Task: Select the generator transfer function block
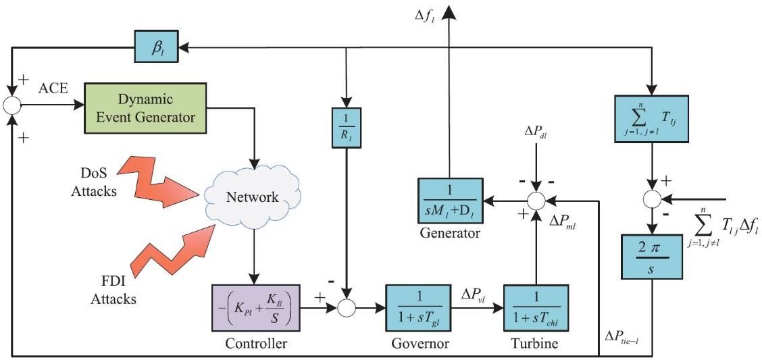coord(449,201)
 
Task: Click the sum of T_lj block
coord(651,118)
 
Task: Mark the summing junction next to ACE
coord(13,104)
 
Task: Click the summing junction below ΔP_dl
coord(536,201)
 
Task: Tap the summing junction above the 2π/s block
coord(651,200)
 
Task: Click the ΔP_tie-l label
coord(628,338)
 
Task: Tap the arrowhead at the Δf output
coord(449,9)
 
